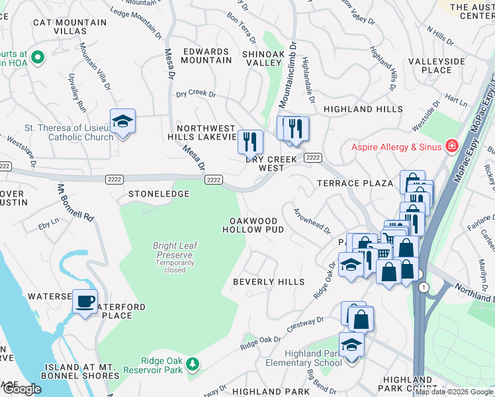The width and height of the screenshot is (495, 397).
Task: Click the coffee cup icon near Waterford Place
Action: click(85, 302)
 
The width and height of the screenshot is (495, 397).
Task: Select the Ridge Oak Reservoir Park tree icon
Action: click(193, 363)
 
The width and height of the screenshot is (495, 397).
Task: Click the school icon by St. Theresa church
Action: click(122, 121)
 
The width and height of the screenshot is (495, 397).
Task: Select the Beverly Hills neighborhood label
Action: click(269, 282)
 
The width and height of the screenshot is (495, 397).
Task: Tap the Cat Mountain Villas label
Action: click(69, 27)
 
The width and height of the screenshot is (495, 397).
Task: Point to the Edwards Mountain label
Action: click(206, 56)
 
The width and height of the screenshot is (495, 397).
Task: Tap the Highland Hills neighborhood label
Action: click(363, 109)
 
